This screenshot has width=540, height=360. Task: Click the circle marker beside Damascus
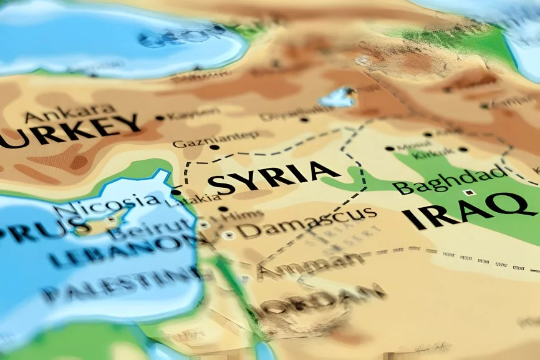pos(229,235)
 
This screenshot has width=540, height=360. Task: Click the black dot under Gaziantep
pos(215,148)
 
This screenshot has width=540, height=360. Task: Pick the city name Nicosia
pos(106,203)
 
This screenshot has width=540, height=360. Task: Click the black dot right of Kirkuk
pos(463,150)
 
